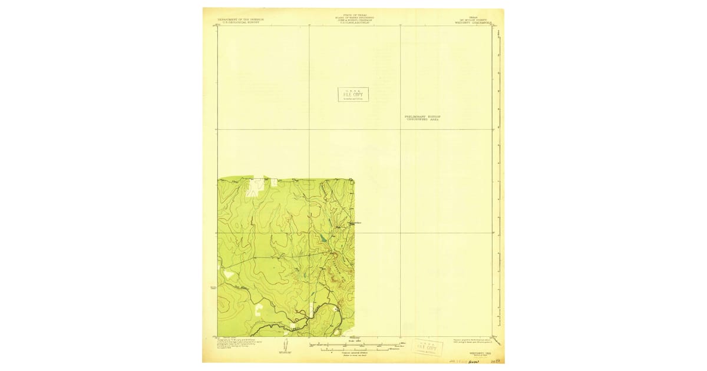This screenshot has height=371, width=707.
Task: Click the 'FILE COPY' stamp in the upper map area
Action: point(353,94)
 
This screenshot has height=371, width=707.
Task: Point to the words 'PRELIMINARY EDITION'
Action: point(422,117)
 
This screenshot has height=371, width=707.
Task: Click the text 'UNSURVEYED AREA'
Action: point(422,120)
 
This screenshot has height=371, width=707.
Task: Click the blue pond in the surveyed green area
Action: point(323,239)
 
